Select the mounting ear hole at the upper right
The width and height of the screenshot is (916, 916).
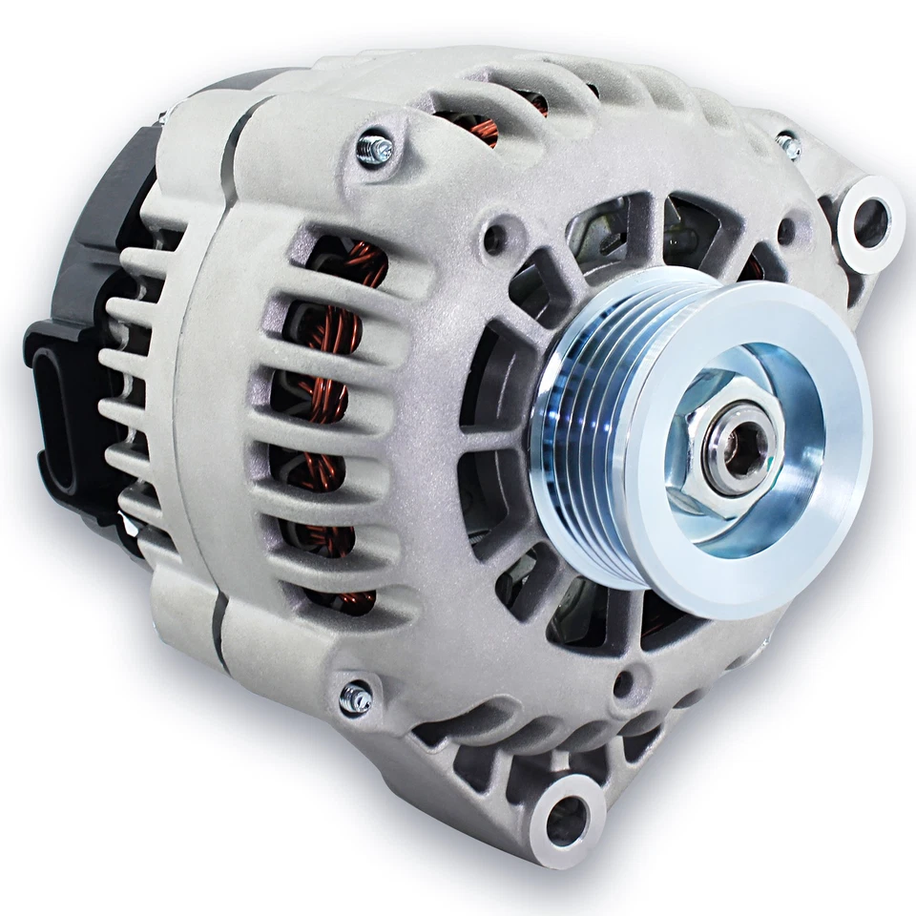(x=869, y=222)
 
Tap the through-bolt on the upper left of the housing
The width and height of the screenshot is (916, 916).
(x=375, y=148)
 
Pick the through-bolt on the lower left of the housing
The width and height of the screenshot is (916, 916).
(x=356, y=698)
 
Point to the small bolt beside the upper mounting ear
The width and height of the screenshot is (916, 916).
(x=788, y=145)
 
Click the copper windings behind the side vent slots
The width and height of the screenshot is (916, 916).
(x=329, y=401)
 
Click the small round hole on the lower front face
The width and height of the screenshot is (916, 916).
(x=624, y=683)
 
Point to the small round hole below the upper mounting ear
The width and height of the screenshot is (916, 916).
(x=785, y=230)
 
